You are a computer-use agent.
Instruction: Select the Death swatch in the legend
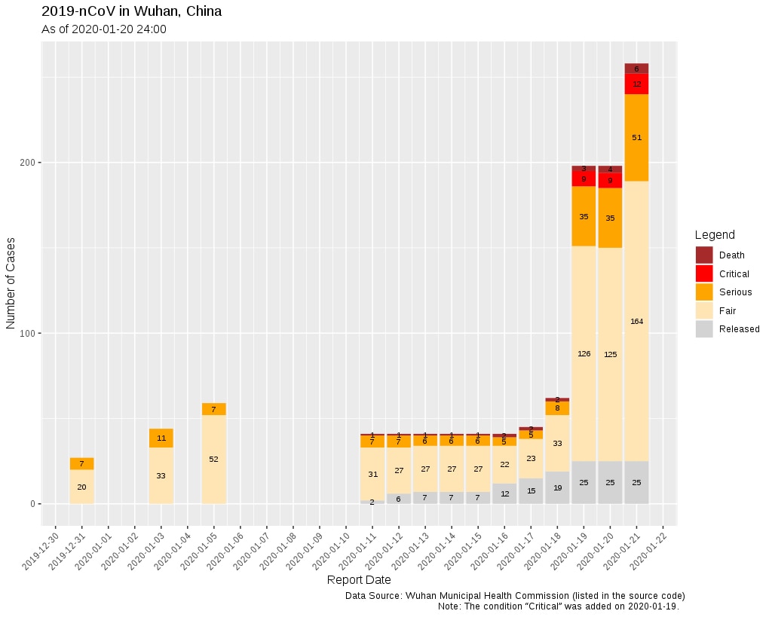[704, 255]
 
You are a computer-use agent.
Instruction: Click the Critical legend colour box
[704, 273]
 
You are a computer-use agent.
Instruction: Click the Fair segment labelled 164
[636, 322]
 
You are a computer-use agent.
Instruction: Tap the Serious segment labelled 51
[636, 137]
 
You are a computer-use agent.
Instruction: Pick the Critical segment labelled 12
[636, 84]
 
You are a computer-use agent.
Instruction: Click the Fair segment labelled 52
[213, 459]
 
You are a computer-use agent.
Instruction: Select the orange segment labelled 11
[161, 438]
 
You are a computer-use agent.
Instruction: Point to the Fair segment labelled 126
[584, 353]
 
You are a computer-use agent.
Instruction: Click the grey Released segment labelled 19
[557, 488]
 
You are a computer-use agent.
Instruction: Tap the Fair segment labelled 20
[81, 487]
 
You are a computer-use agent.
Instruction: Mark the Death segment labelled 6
[636, 69]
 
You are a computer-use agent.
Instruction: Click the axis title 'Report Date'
[359, 580]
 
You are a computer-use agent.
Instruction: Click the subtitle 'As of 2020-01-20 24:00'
[103, 29]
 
